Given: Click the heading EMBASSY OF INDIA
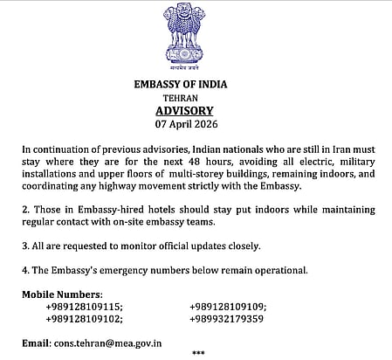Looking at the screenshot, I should [x=196, y=85].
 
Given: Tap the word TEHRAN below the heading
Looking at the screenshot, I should [x=196, y=100].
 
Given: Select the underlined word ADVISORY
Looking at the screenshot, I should [x=196, y=113].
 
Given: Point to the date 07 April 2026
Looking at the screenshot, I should [x=196, y=126].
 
